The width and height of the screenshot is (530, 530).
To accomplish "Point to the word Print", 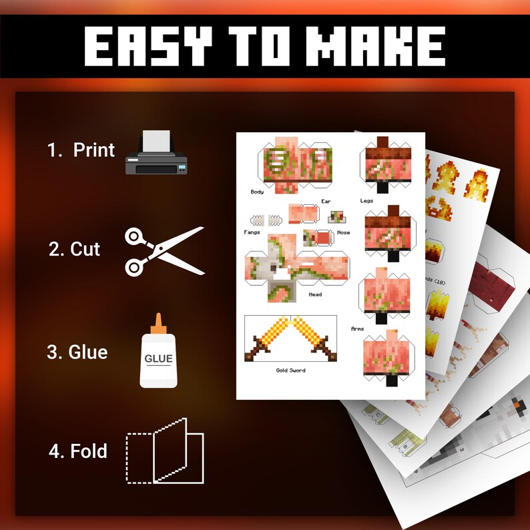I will click(94, 150).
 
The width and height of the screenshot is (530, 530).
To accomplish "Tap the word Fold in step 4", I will click(88, 451).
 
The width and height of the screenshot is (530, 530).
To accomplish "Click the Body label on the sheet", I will click(257, 192).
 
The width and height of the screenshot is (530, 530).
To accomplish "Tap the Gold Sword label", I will click(290, 370).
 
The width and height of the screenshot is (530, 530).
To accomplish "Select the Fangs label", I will click(252, 232).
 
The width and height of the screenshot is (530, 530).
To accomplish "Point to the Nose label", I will click(343, 232).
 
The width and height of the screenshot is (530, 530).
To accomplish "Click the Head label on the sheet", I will click(315, 294).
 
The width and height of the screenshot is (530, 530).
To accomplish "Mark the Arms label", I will click(357, 328).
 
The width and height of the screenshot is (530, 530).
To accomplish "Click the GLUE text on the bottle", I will click(158, 358).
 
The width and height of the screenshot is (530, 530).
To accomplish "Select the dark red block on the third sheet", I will click(491, 280).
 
